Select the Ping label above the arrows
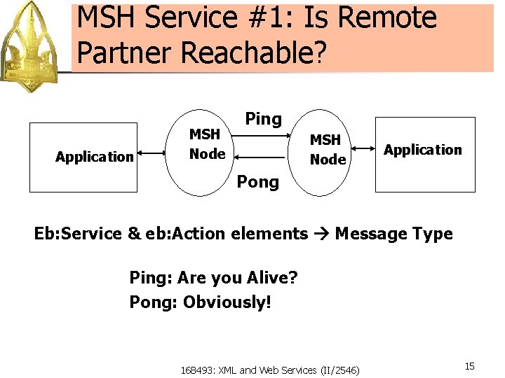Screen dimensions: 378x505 pos(263,119)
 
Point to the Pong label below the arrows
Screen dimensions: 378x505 pos(257,182)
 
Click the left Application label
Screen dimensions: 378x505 pos(94,157)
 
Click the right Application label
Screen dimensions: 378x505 pos(423,150)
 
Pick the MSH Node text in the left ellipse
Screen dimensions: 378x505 pos(207,143)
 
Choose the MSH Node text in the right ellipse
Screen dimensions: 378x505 pos(328,150)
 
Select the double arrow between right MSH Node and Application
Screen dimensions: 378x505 pos(362,148)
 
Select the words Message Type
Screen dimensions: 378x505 pos(393,234)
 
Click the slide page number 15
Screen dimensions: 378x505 pos(469,366)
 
